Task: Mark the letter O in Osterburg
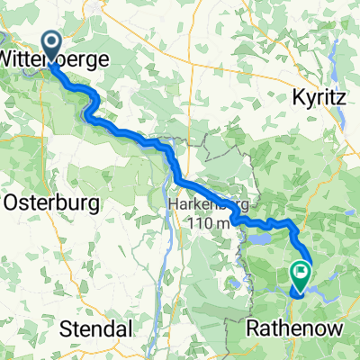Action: pyautogui.click(x=12, y=203)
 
